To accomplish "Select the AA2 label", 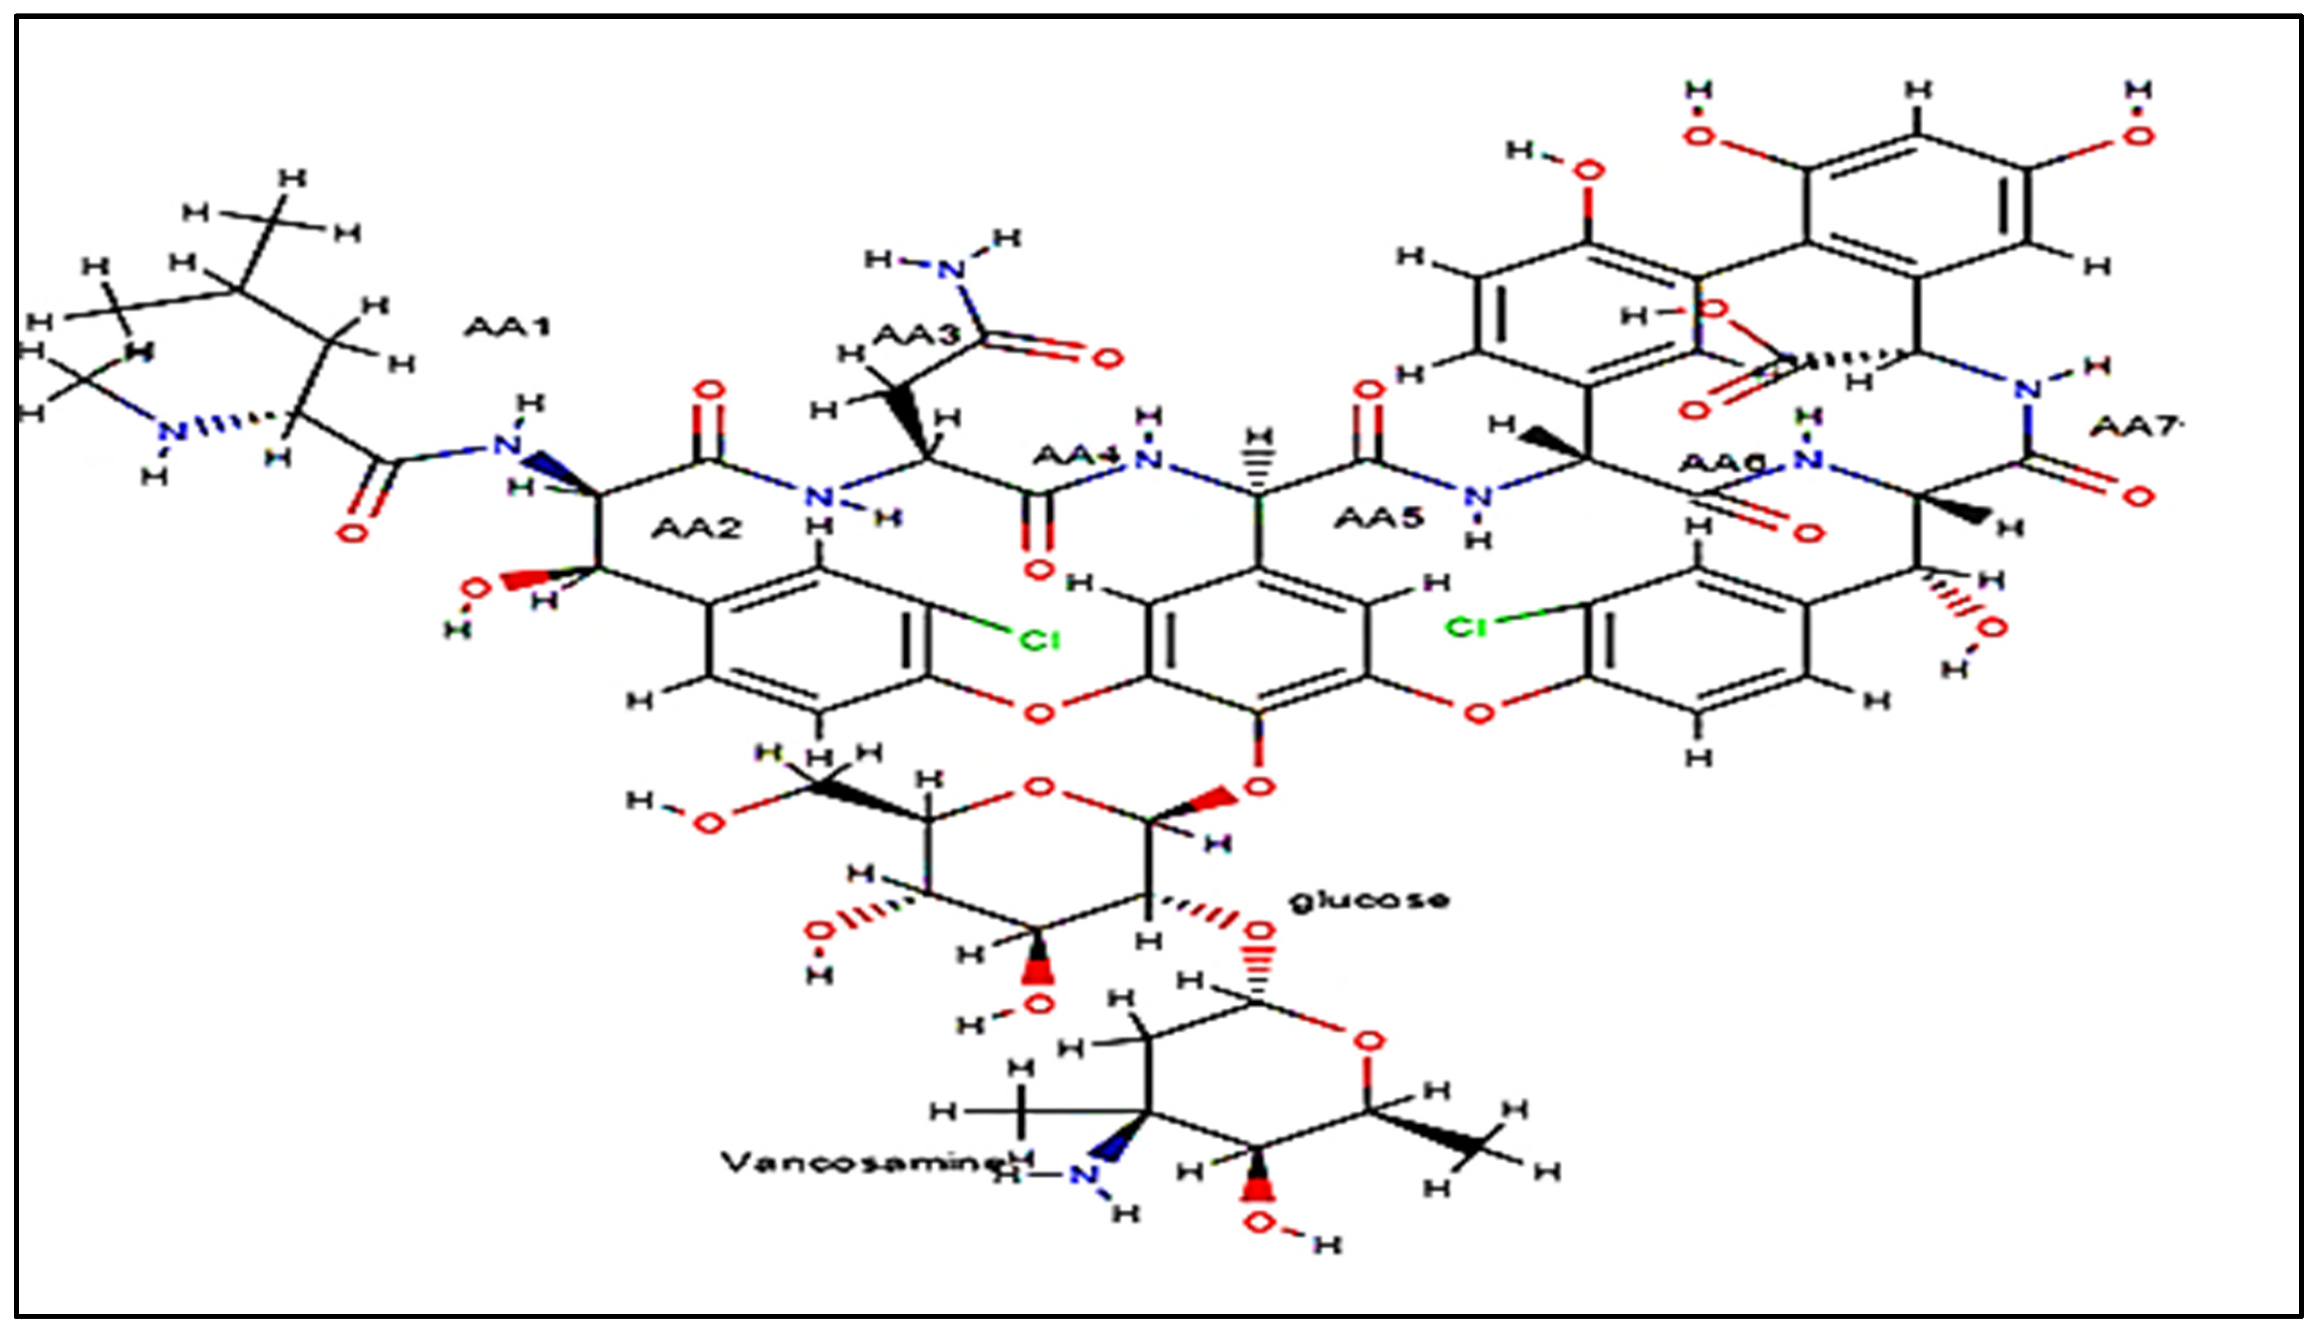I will (696, 528).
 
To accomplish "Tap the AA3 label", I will (915, 335).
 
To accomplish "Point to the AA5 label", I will (1379, 519).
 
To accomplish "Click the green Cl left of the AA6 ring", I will (1467, 627).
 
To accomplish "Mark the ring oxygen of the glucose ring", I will (1039, 788).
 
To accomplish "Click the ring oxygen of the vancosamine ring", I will (1368, 1041).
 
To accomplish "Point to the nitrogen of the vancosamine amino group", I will (1084, 1175).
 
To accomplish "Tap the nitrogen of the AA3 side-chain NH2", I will (953, 269).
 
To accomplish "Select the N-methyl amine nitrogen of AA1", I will (171, 432).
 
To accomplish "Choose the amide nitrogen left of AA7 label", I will (2027, 389).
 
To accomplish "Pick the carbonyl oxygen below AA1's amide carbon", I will (353, 533).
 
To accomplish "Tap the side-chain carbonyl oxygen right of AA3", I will (1108, 358).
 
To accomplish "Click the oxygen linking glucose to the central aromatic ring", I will (1259, 786).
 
